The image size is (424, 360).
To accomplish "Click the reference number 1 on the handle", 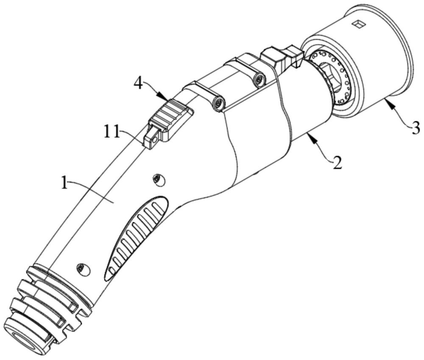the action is (64, 183).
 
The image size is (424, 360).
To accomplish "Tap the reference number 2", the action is (337, 163).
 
